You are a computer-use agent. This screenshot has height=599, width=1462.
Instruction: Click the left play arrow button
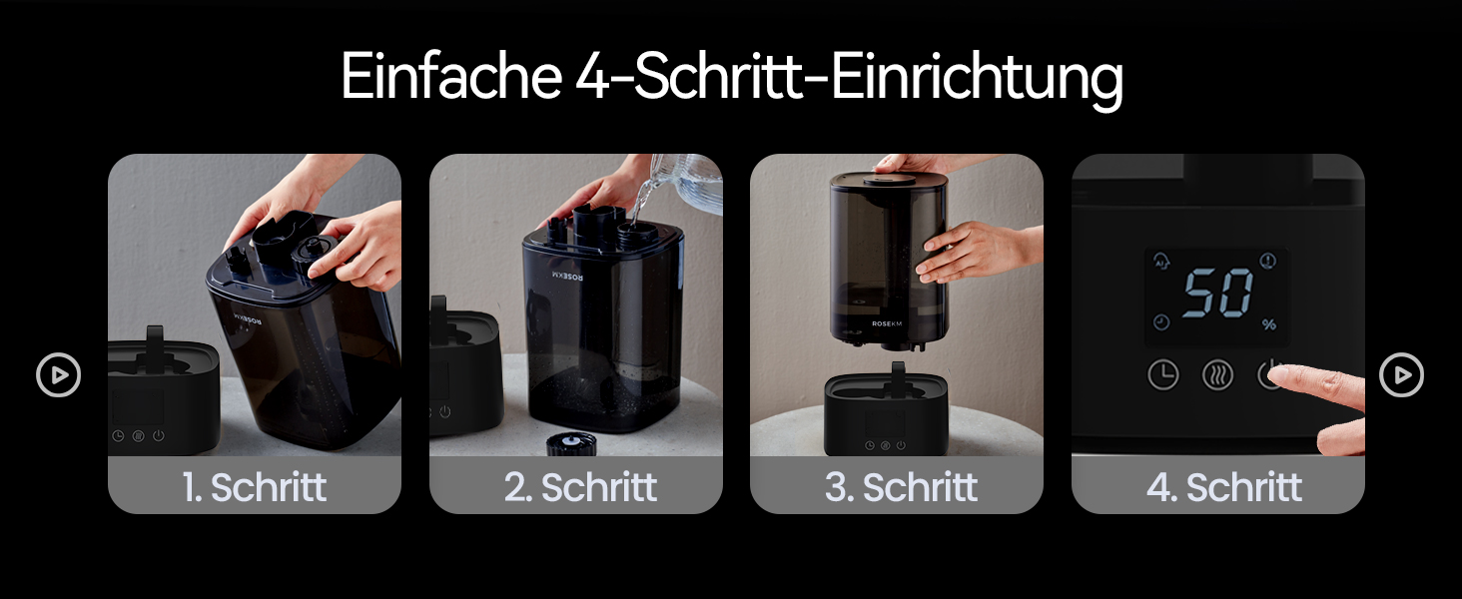[x=58, y=374]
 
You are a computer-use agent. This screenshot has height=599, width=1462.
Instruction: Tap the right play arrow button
[x=1401, y=374]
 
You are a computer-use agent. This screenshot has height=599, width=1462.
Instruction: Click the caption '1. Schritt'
[x=255, y=487]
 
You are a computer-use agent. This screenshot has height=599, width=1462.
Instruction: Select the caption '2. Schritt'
[x=580, y=487]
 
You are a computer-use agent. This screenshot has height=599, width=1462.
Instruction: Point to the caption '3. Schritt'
[x=902, y=487]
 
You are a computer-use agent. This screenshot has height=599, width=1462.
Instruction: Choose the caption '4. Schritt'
[x=1224, y=487]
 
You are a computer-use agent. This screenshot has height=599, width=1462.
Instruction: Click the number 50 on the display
[x=1219, y=293]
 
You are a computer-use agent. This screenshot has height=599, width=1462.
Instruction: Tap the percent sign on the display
[x=1269, y=324]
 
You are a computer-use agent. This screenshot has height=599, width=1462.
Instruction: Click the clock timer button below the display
[x=1163, y=375]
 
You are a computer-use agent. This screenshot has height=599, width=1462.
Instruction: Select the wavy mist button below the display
[x=1217, y=375]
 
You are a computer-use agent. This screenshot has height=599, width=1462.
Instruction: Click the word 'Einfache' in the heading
[x=451, y=75]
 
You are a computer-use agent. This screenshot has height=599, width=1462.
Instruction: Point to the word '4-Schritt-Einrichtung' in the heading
[x=849, y=78]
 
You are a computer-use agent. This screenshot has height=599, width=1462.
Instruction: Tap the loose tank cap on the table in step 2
[x=572, y=444]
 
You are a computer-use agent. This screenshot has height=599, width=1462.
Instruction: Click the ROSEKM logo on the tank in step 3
[x=887, y=323]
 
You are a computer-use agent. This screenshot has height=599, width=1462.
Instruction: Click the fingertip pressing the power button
[x=1278, y=374]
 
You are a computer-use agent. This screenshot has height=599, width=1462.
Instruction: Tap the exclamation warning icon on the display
[x=1267, y=261]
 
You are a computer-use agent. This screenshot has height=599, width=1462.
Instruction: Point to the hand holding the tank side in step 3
[x=973, y=250]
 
